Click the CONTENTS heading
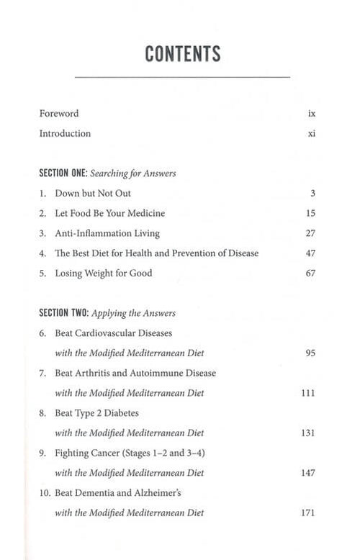[182, 53]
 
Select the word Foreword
[59, 114]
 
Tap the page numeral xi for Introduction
[312, 134]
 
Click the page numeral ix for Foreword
[312, 114]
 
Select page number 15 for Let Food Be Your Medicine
[311, 214]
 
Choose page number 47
[311, 253]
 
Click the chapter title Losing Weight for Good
[104, 274]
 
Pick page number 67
[311, 274]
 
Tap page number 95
[311, 353]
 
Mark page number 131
[308, 433]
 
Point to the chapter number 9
[42, 453]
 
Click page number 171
[308, 513]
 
